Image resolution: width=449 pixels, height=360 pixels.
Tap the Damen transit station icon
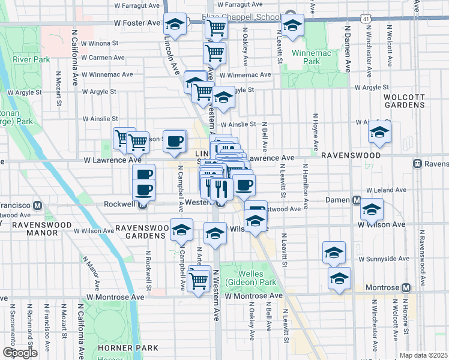coord(356,200)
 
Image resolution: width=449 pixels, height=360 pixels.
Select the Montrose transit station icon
coord(406,288)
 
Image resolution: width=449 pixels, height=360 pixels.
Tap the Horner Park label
coord(130,347)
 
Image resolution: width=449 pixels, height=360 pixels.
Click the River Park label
coord(31,60)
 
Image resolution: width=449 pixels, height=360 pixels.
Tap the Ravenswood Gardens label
coord(140,232)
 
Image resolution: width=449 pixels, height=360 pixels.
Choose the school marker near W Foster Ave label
coord(175,25)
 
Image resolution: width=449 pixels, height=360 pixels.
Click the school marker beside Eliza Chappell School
coord(292,26)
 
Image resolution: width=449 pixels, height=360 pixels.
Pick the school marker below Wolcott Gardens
coord(379,133)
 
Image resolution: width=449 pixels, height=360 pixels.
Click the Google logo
coord(20,353)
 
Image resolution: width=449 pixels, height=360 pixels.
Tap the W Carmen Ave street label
coord(103,58)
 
